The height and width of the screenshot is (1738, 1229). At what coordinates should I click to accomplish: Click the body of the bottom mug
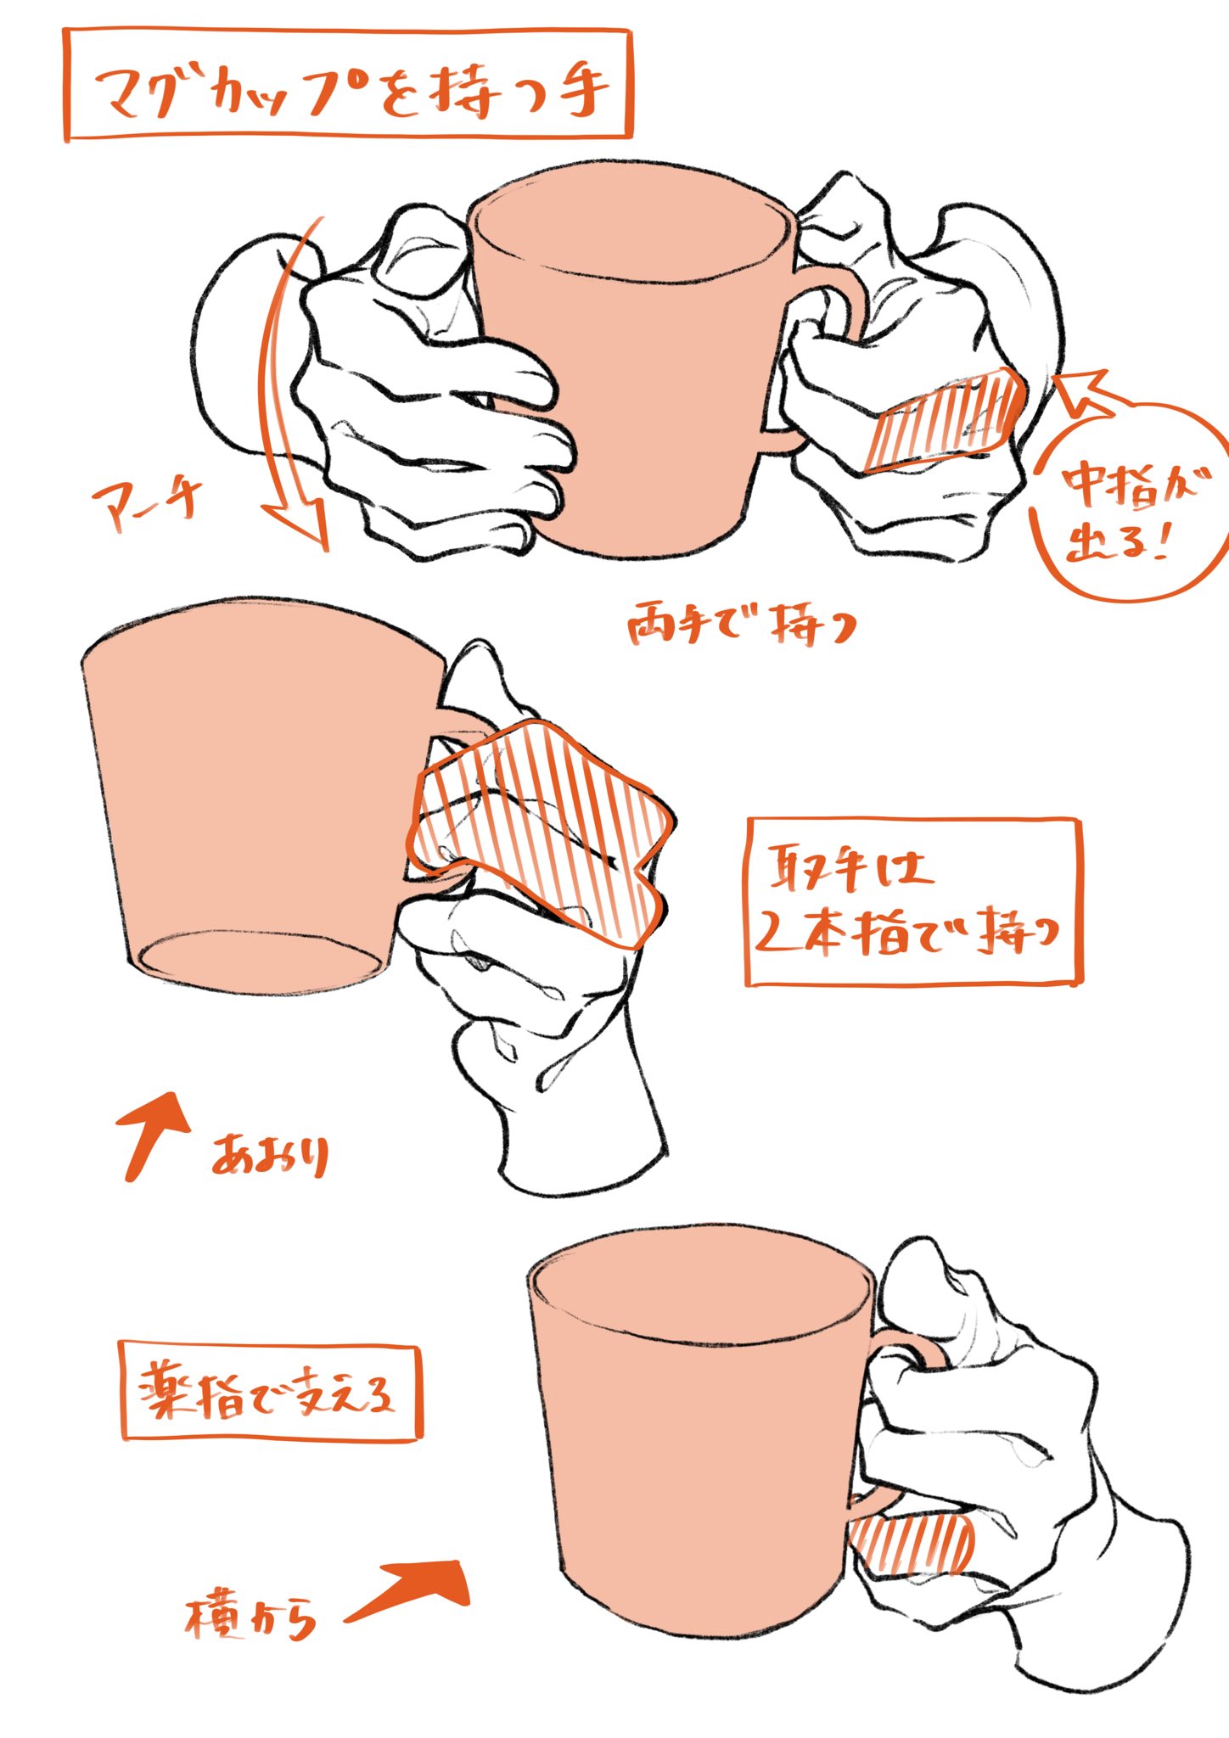click(x=696, y=1443)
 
